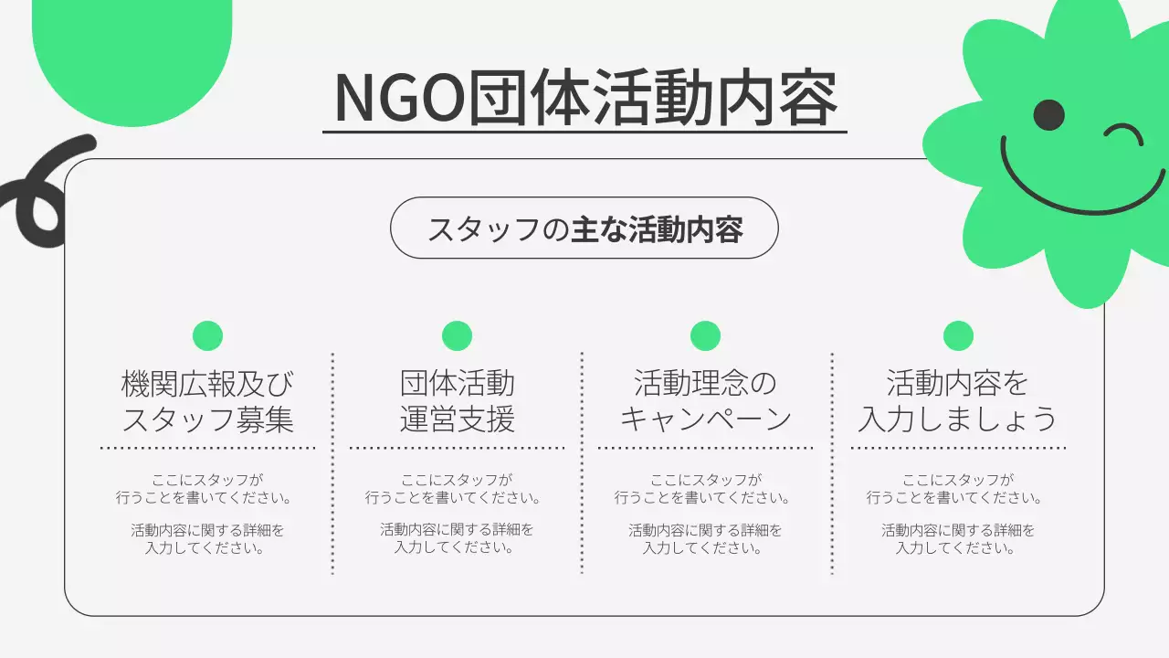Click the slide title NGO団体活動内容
click(584, 97)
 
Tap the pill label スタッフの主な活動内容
click(584, 228)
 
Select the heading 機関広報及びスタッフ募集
click(208, 401)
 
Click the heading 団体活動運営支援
click(457, 401)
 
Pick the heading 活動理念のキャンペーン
click(705, 401)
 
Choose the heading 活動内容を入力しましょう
click(957, 401)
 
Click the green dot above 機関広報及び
click(208, 336)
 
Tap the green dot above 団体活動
click(457, 336)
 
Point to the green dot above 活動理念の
click(705, 336)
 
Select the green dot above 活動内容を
click(957, 336)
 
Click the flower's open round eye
click(1048, 114)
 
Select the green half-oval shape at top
click(132, 55)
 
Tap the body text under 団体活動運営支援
click(457, 515)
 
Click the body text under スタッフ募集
click(208, 515)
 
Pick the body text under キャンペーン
click(705, 515)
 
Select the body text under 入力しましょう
click(957, 515)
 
